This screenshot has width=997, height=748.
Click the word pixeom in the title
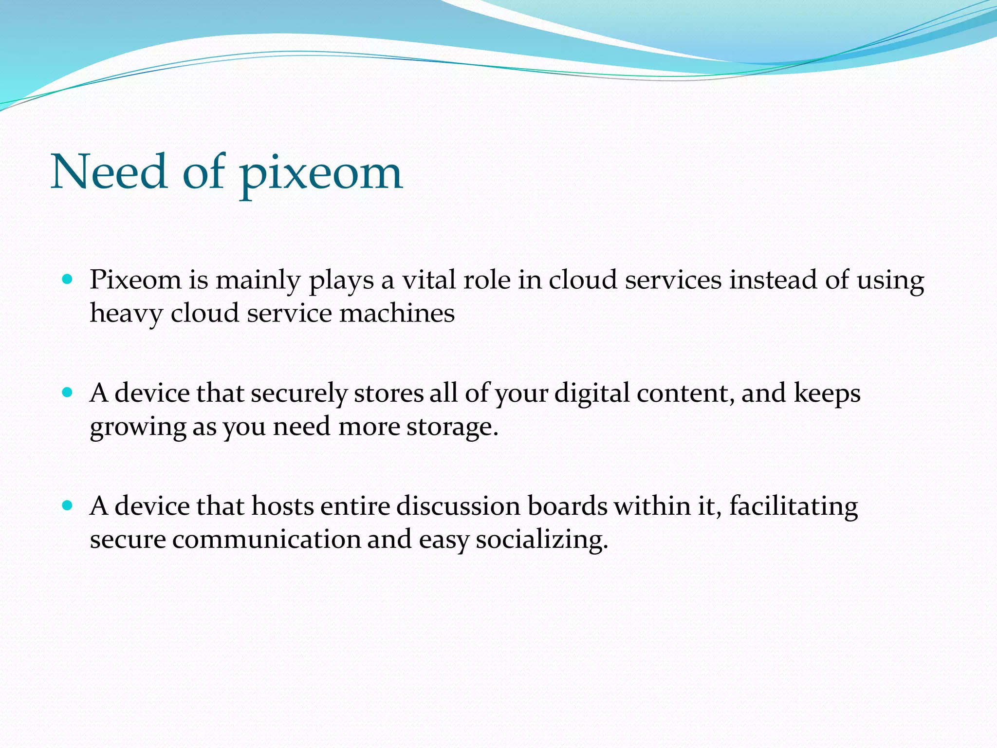click(321, 173)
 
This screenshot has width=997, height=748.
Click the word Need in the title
click(109, 171)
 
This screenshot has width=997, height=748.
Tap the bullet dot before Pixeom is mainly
click(68, 280)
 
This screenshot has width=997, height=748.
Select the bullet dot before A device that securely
click(68, 393)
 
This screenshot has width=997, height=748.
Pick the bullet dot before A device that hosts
click(68, 505)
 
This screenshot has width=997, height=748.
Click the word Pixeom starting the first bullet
click(135, 280)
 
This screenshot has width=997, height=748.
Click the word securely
click(299, 393)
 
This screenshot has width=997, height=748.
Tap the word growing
click(138, 427)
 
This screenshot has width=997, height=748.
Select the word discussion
click(458, 506)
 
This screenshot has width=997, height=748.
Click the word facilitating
click(793, 506)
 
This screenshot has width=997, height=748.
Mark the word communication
click(266, 540)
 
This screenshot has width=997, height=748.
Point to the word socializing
click(541, 540)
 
